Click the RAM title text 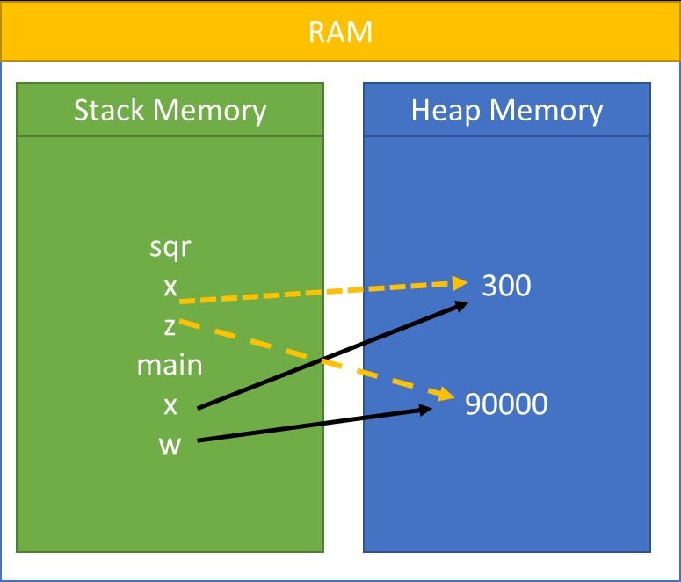click(340, 33)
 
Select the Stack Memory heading click(170, 111)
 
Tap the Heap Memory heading click(507, 111)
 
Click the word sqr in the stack click(170, 248)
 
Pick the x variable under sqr click(170, 287)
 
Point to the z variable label click(170, 326)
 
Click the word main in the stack click(170, 365)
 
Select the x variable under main click(170, 404)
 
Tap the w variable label click(170, 444)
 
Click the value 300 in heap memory click(506, 286)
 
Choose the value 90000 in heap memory click(506, 404)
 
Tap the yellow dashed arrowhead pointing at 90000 click(444, 395)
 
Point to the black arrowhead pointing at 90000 click(426, 409)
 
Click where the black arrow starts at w click(199, 440)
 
